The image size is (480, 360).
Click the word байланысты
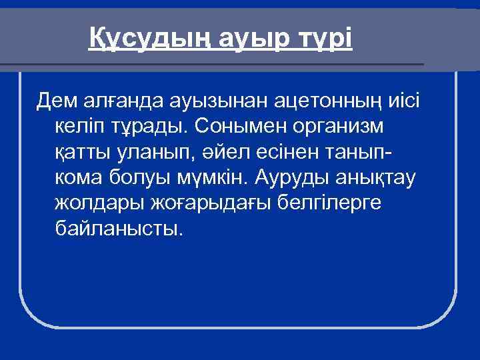[x=119, y=229]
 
